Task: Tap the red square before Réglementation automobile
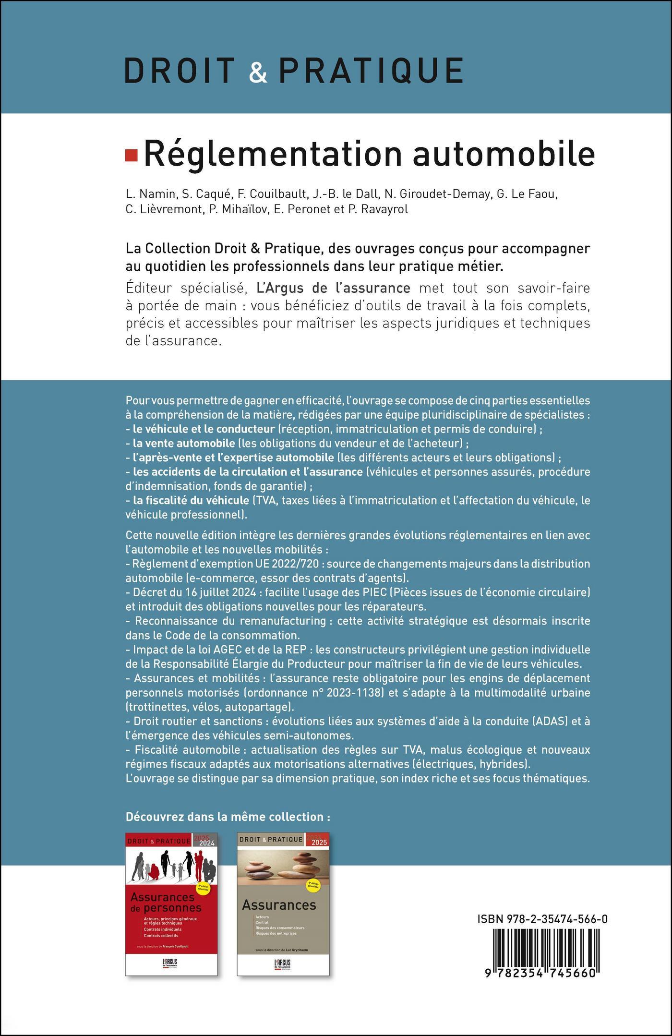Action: point(131,155)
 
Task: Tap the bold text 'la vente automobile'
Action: point(184,443)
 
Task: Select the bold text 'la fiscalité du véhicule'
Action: point(191,500)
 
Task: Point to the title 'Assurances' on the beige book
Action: point(279,905)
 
